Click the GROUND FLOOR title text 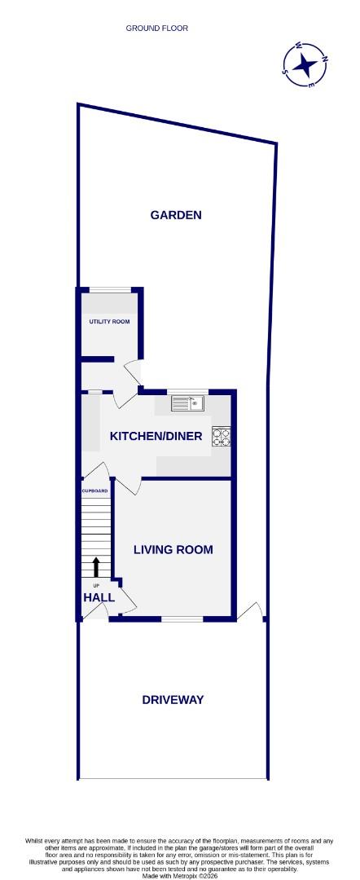point(156,29)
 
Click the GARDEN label point(175,215)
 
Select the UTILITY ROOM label point(109,322)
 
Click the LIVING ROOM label point(173,550)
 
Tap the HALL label point(99,597)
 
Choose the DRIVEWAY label point(173,699)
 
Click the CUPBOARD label point(94,491)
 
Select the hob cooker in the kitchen point(222,437)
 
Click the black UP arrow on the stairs point(96,567)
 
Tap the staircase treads point(96,530)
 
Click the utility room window point(109,289)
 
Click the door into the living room point(127,488)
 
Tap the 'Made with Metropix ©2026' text point(179,876)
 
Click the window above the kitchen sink point(188,391)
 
